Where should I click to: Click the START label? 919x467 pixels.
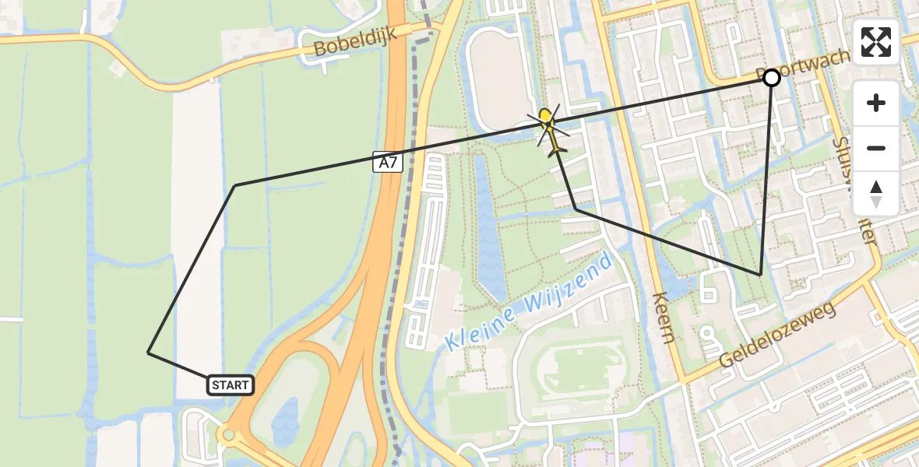(x=231, y=384)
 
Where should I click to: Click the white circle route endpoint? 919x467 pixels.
(x=772, y=78)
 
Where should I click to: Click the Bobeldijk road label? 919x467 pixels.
(x=355, y=43)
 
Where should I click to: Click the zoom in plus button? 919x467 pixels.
(x=876, y=103)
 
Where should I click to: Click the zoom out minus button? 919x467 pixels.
(x=876, y=148)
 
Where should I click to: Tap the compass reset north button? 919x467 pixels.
(x=876, y=193)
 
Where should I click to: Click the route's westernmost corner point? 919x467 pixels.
(x=148, y=353)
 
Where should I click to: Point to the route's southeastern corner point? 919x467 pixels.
(x=760, y=275)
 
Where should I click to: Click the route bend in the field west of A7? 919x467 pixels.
(x=235, y=185)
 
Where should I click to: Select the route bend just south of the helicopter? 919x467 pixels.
(x=576, y=209)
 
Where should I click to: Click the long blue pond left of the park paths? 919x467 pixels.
(x=489, y=233)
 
